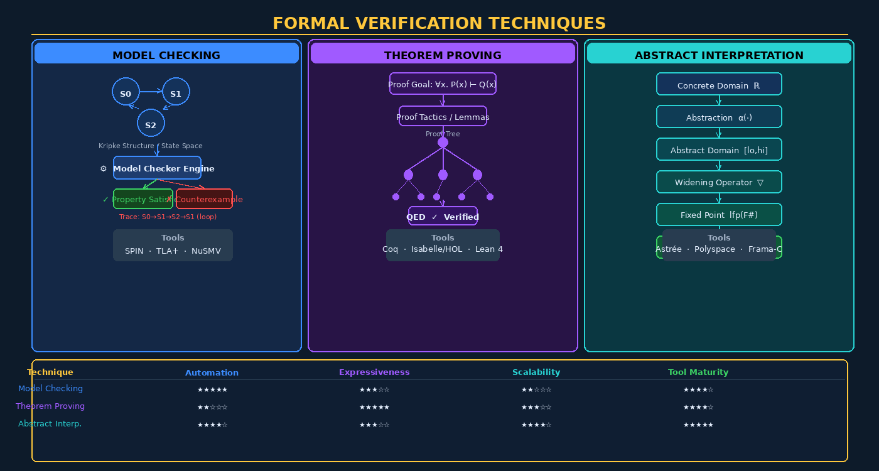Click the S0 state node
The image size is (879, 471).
126,92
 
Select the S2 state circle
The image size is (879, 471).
151,123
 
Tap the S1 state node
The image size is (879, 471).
176,92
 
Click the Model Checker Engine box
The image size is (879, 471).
157,168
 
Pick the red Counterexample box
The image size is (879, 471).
205,199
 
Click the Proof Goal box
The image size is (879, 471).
443,84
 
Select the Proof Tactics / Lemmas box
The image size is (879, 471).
443,116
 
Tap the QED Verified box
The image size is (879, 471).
443,216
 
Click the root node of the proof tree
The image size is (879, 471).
443,143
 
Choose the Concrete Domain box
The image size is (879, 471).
719,85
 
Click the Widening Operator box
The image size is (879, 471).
719,182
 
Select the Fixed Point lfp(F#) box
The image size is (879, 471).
719,215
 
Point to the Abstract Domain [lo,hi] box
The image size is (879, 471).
719,149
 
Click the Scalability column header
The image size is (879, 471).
536,372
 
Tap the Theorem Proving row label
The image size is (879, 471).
50,406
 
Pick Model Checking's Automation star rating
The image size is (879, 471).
212,390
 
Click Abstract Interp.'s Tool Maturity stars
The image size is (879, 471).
698,425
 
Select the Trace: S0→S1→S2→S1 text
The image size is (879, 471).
168,217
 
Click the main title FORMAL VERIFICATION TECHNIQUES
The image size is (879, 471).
439,23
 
